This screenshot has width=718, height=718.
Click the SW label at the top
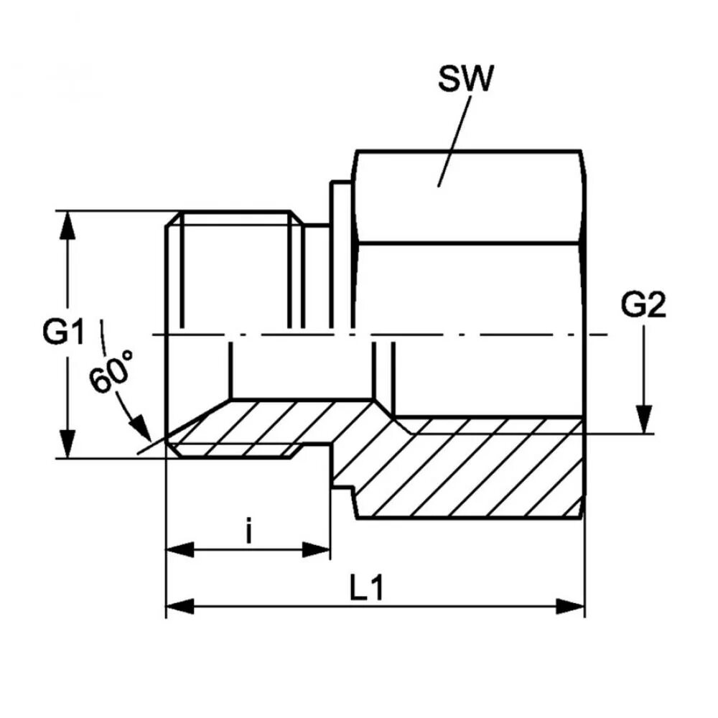466,79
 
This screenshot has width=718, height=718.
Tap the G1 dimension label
62,333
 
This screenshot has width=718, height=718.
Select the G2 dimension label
643,307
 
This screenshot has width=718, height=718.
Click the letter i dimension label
248,533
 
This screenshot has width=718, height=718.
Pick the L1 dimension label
368,589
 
